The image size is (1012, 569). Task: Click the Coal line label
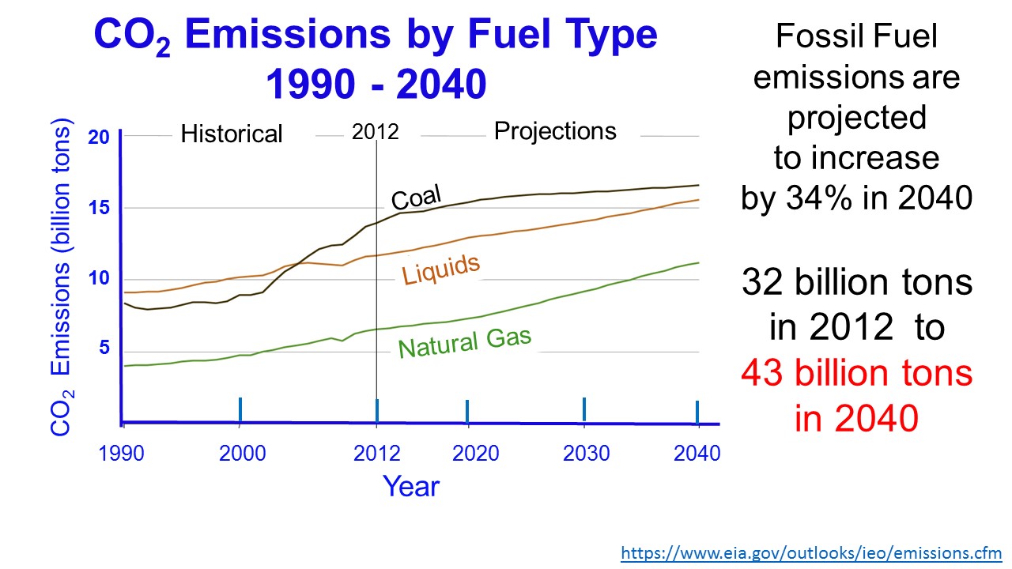[416, 198]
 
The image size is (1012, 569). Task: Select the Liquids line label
[441, 269]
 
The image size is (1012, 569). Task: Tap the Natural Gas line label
[465, 343]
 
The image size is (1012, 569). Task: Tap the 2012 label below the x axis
[376, 454]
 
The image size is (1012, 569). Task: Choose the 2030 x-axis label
[586, 454]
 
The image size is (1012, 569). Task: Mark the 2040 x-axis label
[697, 454]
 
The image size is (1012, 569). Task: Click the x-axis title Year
[411, 486]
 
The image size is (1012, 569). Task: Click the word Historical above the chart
[231, 134]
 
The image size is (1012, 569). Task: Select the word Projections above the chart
[555, 131]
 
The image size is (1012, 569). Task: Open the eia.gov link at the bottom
[811, 553]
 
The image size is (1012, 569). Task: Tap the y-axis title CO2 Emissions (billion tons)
[62, 277]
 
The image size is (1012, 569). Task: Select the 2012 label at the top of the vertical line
[376, 132]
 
